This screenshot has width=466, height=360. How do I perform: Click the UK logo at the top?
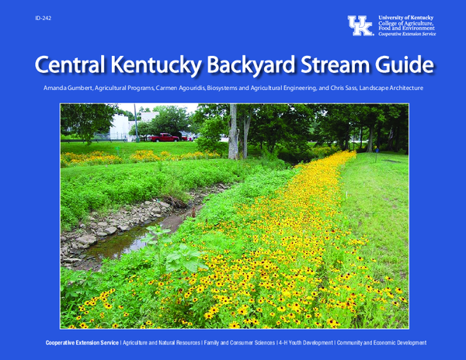360,26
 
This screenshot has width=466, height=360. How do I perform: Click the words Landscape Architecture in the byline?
397,89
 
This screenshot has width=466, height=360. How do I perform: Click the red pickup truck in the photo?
165,137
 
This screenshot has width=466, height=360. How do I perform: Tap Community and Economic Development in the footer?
381,342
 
